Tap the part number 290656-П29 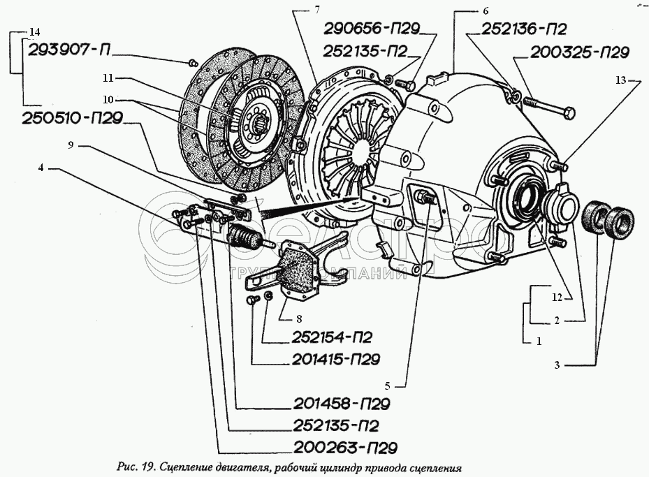371,29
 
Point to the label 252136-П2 523,29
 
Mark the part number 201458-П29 333,404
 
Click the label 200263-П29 333,447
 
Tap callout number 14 36,32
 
